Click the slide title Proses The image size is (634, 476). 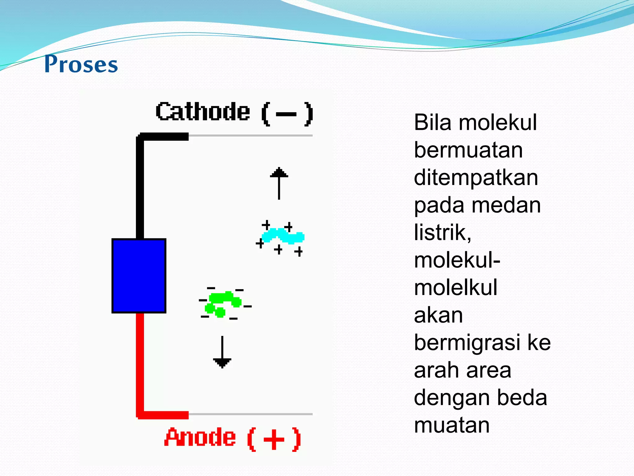[81, 64]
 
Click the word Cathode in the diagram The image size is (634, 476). [203, 112]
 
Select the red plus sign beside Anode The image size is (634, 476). [274, 439]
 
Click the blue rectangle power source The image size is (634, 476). [139, 276]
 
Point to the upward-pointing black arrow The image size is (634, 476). [279, 183]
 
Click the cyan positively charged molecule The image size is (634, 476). [283, 236]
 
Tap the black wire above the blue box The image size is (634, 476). [140, 186]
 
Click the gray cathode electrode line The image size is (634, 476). [251, 135]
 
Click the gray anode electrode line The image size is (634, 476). [251, 414]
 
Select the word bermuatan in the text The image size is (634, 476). [468, 150]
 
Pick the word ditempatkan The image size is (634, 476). [476, 178]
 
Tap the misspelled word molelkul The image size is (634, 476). [455, 288]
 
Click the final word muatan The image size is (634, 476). [452, 425]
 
